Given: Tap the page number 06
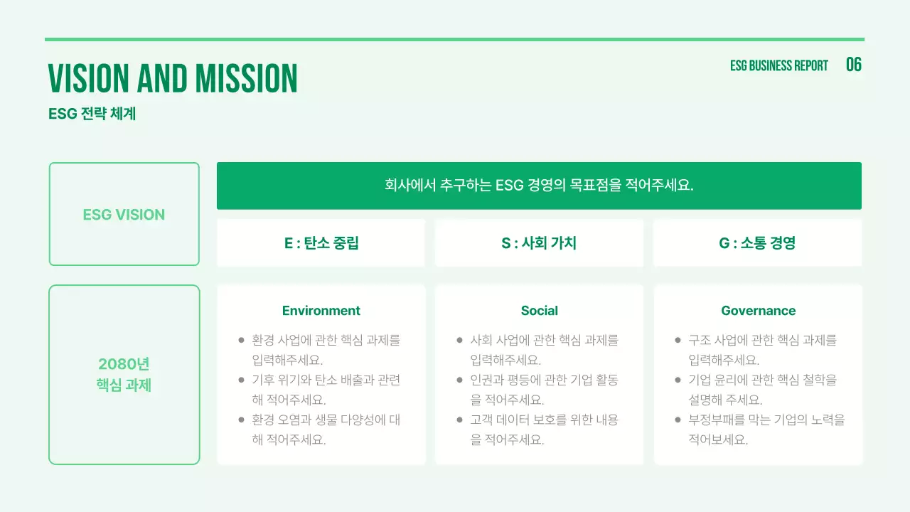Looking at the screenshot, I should point(854,65).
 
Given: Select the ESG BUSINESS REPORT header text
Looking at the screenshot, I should point(779,65).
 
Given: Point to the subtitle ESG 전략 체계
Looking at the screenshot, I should point(92,114).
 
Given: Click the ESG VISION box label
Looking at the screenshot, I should point(124,215).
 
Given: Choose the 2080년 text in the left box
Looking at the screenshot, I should point(124,364).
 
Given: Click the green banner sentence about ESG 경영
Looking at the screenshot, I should point(539,186).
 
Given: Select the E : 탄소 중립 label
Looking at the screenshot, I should point(321,243).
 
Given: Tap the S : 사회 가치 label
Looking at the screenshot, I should point(539,243).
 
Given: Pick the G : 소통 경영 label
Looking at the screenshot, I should point(757,243).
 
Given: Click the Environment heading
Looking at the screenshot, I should point(321,311).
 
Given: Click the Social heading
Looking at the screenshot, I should point(539,311).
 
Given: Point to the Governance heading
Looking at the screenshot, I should point(758,311).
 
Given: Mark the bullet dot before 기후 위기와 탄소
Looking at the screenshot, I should point(242,380).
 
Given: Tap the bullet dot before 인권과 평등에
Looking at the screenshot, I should point(460,380).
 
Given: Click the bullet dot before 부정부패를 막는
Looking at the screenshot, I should point(678,420).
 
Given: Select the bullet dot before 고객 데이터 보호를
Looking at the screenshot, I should point(460,420).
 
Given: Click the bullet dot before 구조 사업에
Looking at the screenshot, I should point(678,341).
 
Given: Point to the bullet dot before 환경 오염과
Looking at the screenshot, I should point(242,420).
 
